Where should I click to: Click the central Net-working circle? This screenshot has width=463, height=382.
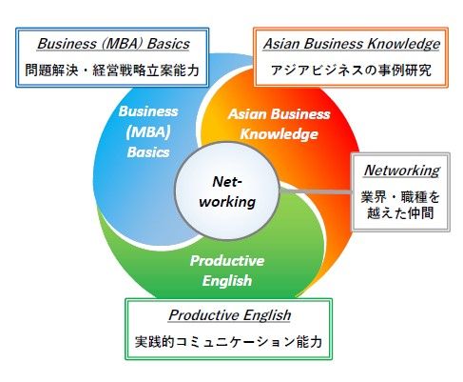pos(227,191)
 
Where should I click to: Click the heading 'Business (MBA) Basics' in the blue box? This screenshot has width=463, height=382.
pos(113,44)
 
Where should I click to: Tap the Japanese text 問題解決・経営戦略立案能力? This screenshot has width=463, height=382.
pos(112,70)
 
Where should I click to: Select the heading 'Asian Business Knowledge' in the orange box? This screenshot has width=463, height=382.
pos(352,44)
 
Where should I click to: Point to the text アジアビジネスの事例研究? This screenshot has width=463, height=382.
pos(351,70)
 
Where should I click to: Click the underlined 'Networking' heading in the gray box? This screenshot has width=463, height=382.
pos(402,171)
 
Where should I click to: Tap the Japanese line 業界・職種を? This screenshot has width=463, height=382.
pos(400,197)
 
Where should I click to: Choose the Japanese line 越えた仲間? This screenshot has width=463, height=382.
pos(400,212)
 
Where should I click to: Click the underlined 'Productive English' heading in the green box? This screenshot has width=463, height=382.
pos(230,315)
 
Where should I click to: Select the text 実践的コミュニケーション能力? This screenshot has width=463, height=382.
pos(228,342)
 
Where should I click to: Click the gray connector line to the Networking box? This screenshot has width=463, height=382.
pos(317,191)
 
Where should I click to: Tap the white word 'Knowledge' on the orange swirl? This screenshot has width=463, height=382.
pos(279,134)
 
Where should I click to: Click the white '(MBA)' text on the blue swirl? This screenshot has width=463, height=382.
pos(148,131)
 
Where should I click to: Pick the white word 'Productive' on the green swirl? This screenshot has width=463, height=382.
pos(227,261)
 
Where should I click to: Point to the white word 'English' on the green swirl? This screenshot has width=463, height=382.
pos(227,281)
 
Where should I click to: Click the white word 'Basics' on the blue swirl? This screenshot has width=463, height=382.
pos(148,152)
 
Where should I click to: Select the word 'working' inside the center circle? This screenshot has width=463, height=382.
pos(227,202)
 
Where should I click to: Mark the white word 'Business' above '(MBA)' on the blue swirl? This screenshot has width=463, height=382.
pos(148,111)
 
